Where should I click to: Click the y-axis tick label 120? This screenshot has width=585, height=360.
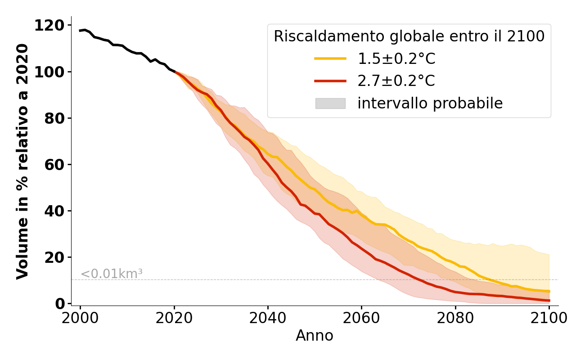(49, 26)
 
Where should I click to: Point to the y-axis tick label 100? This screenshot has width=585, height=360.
(49, 72)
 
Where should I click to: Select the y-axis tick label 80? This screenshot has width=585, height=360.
(55, 118)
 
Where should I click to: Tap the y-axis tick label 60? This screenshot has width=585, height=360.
(55, 165)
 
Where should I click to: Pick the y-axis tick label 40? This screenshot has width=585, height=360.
(55, 211)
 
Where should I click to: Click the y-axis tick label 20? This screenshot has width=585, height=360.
(55, 257)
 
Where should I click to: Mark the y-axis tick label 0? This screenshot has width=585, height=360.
(60, 304)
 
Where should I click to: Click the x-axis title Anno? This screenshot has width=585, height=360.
(315, 336)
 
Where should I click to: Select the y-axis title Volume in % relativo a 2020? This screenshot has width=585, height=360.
(22, 161)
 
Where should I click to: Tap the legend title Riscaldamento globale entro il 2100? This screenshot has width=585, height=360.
(409, 36)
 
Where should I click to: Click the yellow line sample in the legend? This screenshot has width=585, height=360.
(330, 58)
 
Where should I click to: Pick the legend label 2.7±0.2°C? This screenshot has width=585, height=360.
(396, 81)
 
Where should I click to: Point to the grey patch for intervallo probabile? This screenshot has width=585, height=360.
(330, 103)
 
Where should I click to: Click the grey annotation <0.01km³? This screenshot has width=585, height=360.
(112, 274)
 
